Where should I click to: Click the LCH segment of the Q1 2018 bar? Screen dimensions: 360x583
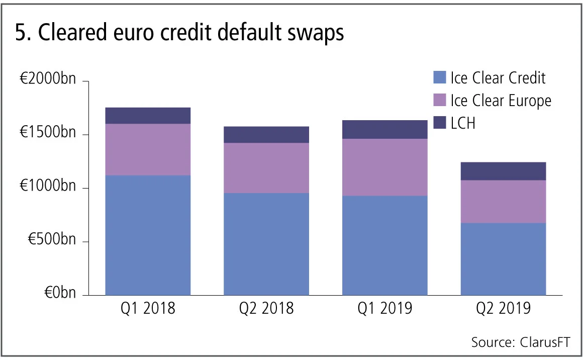(148, 116)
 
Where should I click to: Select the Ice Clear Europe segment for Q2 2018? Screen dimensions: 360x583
(266, 168)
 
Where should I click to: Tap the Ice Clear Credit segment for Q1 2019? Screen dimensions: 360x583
(385, 245)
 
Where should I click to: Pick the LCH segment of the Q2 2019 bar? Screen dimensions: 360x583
(503, 171)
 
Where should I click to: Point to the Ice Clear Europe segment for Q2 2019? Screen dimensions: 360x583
(503, 202)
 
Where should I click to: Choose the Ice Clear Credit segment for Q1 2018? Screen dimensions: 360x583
(148, 235)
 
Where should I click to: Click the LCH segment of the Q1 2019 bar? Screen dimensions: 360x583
(385, 130)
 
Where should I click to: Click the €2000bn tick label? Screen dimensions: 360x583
(48, 81)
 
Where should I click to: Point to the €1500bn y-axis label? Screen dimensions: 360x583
(48, 135)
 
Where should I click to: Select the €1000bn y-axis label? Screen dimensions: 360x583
(48, 188)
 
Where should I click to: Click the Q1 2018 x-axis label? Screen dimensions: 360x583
(148, 308)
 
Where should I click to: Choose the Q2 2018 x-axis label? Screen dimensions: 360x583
(266, 308)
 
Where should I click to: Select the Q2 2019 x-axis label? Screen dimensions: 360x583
(503, 308)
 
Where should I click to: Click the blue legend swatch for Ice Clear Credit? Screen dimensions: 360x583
(439, 78)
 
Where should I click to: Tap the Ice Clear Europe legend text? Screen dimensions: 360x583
(501, 101)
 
